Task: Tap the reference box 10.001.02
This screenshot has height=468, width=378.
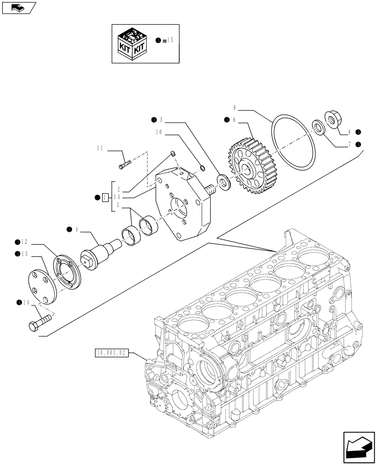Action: (x=111, y=353)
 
